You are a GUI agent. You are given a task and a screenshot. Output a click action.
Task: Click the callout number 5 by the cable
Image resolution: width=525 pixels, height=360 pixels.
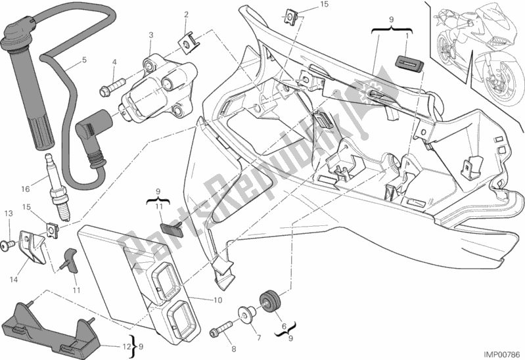[x=84, y=61]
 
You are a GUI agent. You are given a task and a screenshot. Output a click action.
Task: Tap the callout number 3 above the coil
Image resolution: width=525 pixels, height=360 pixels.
[x=150, y=35]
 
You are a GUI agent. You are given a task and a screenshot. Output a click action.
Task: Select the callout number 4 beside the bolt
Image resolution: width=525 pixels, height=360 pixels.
[x=114, y=62]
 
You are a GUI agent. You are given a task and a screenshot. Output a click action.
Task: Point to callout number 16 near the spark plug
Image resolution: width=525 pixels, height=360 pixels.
[x=25, y=189]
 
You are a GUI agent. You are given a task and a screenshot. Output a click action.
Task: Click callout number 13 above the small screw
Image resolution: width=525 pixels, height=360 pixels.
[x=9, y=214]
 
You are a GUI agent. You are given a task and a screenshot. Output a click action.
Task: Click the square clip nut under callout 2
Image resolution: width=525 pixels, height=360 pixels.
[x=187, y=43]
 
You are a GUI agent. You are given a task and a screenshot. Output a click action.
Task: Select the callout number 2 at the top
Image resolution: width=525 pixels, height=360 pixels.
[x=187, y=14]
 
